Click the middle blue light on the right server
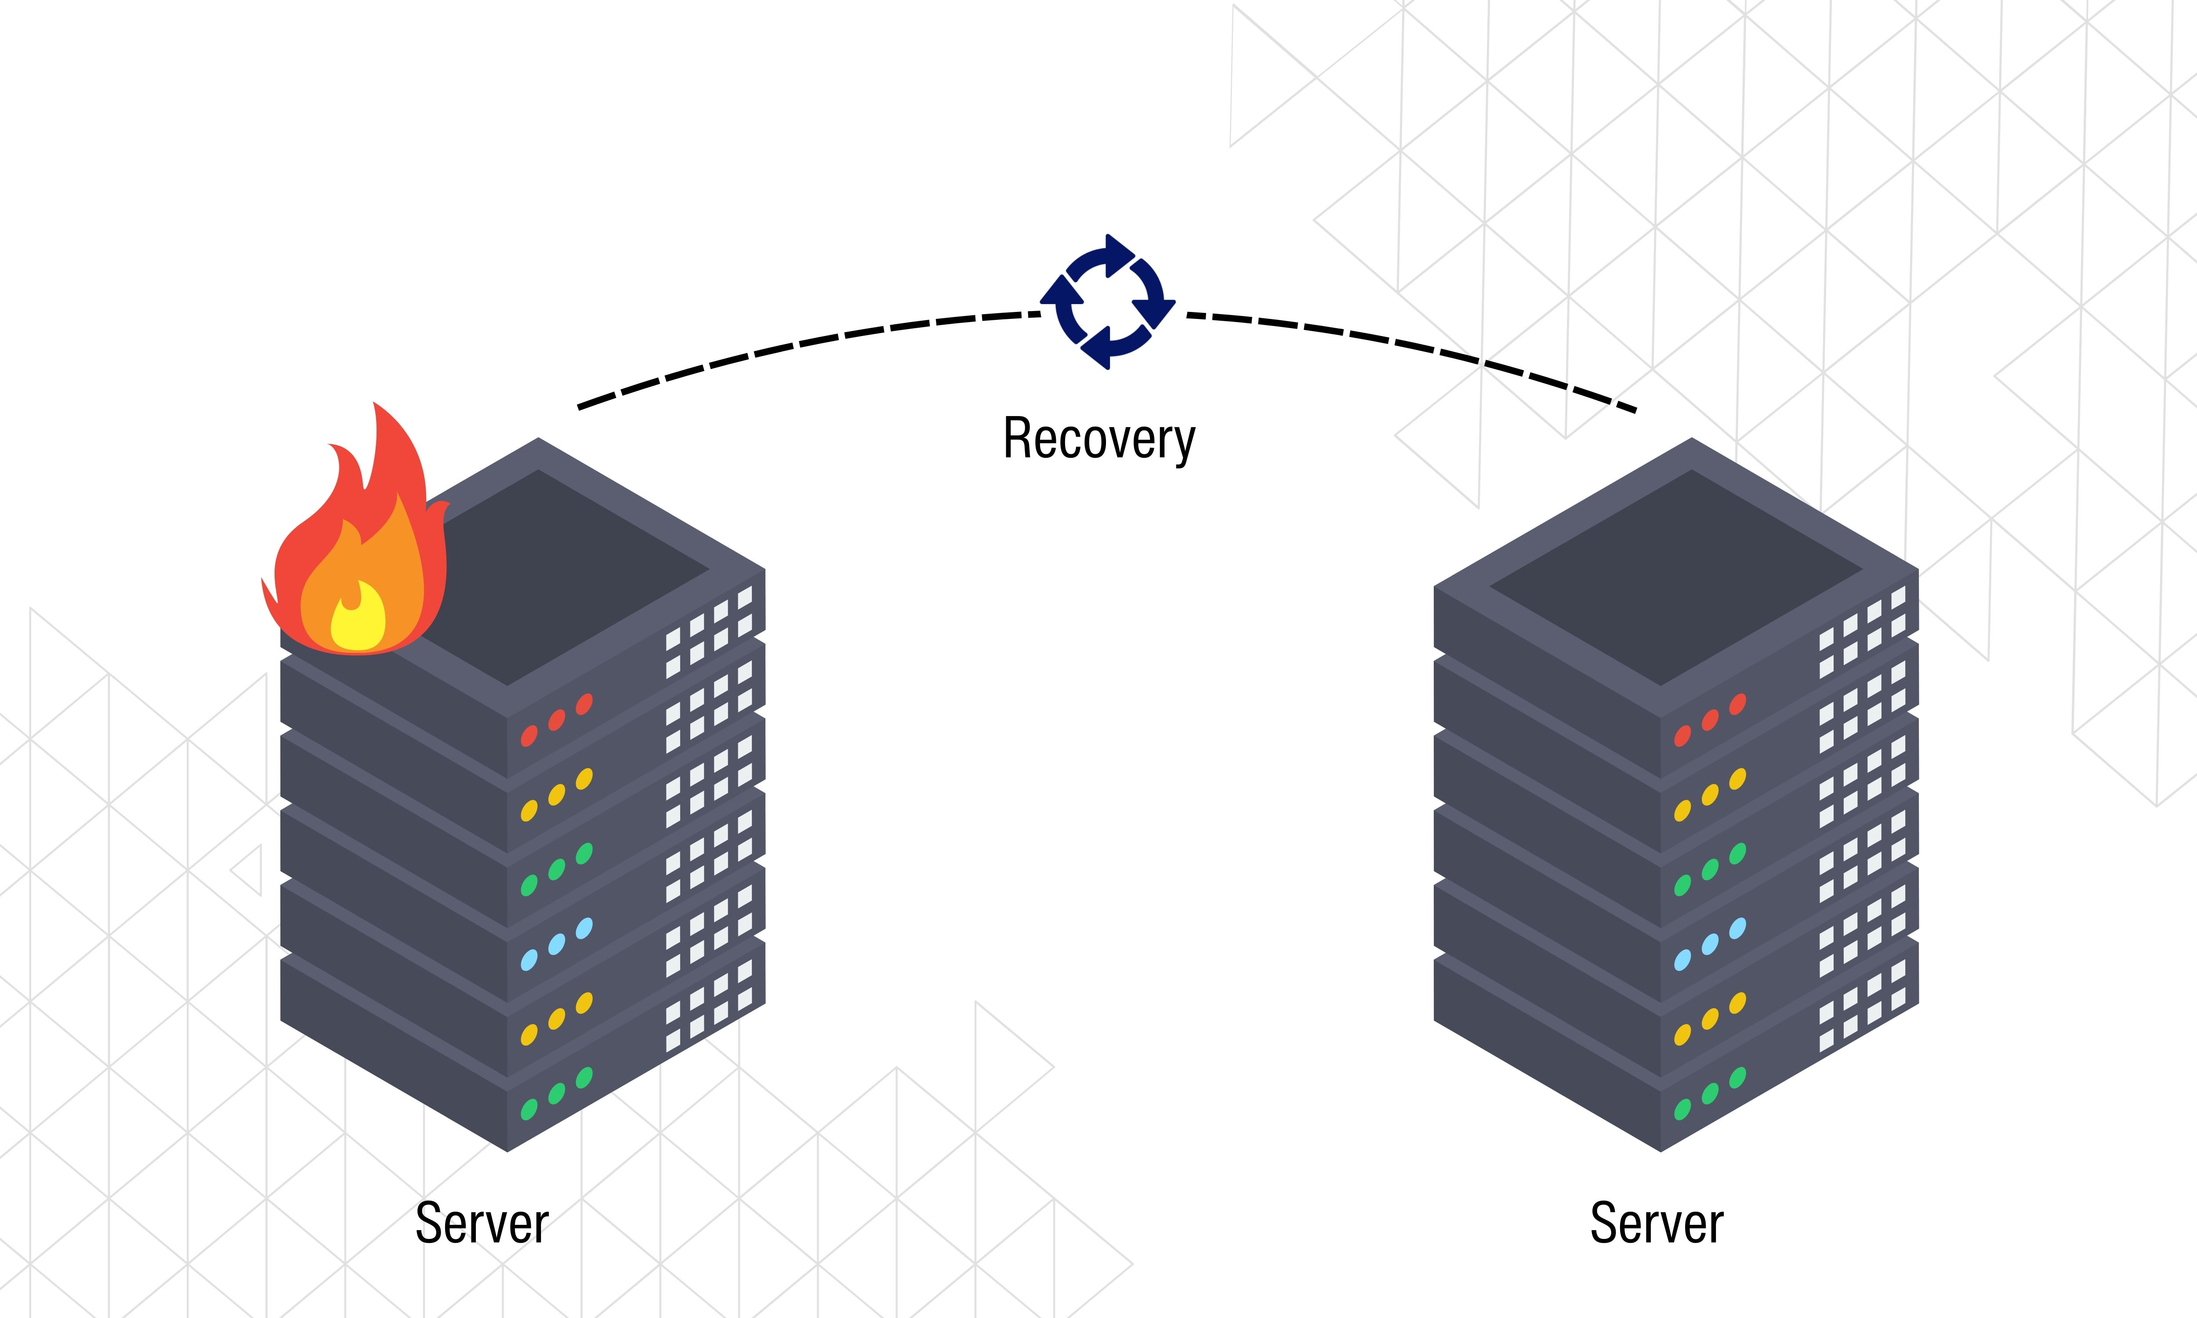point(1709,944)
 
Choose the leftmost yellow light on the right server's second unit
point(1682,811)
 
